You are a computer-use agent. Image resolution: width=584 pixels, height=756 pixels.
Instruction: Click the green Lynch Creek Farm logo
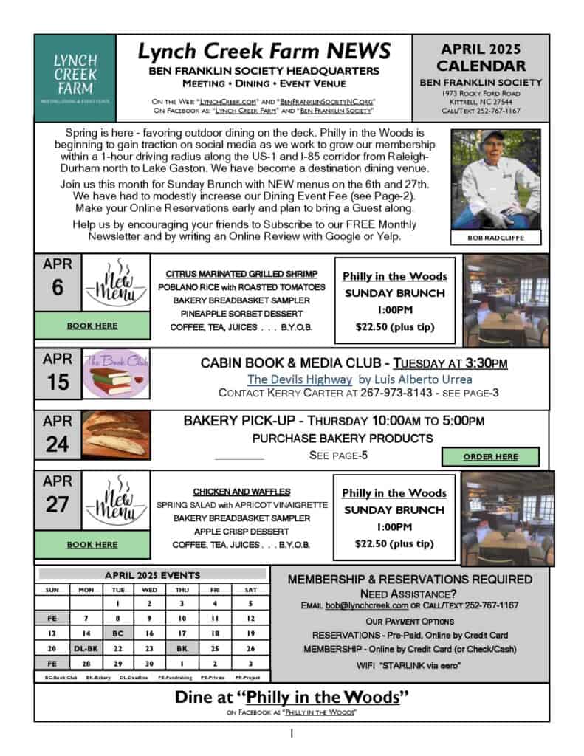tap(75, 78)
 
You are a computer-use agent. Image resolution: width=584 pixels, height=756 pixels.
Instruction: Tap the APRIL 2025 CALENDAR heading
tap(481, 58)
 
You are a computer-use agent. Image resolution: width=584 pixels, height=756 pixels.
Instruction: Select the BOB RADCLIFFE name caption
tap(495, 238)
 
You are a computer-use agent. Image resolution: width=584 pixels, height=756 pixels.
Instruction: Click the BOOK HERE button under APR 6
tap(92, 325)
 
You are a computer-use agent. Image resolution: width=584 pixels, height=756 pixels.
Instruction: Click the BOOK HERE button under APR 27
tap(92, 545)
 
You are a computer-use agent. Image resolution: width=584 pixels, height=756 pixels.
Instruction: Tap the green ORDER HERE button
tap(491, 457)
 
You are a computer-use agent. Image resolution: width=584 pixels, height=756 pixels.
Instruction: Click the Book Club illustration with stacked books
tap(114, 378)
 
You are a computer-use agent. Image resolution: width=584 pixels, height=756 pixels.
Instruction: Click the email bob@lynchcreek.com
tap(367, 605)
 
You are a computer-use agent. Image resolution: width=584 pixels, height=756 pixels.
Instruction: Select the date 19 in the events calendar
tap(250, 633)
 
